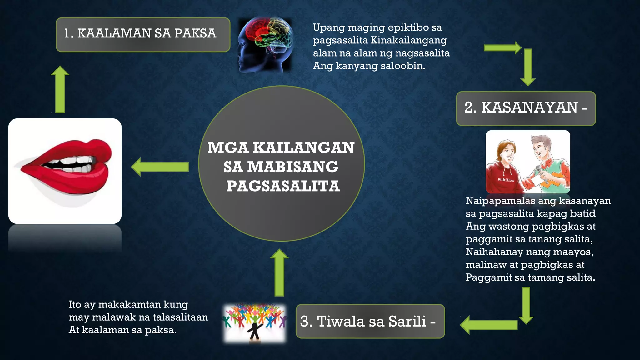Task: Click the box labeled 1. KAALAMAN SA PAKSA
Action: (x=143, y=34)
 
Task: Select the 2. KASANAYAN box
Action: (x=526, y=108)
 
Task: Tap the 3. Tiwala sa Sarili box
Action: (x=370, y=321)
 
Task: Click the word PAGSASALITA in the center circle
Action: (x=283, y=186)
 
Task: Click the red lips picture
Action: (x=65, y=171)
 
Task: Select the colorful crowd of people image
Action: (x=254, y=323)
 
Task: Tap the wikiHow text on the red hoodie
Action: (x=506, y=180)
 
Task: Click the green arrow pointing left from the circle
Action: (x=160, y=167)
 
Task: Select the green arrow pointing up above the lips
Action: (x=60, y=89)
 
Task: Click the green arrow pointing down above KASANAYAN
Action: (x=528, y=67)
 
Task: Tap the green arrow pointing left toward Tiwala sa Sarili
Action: (x=489, y=325)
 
